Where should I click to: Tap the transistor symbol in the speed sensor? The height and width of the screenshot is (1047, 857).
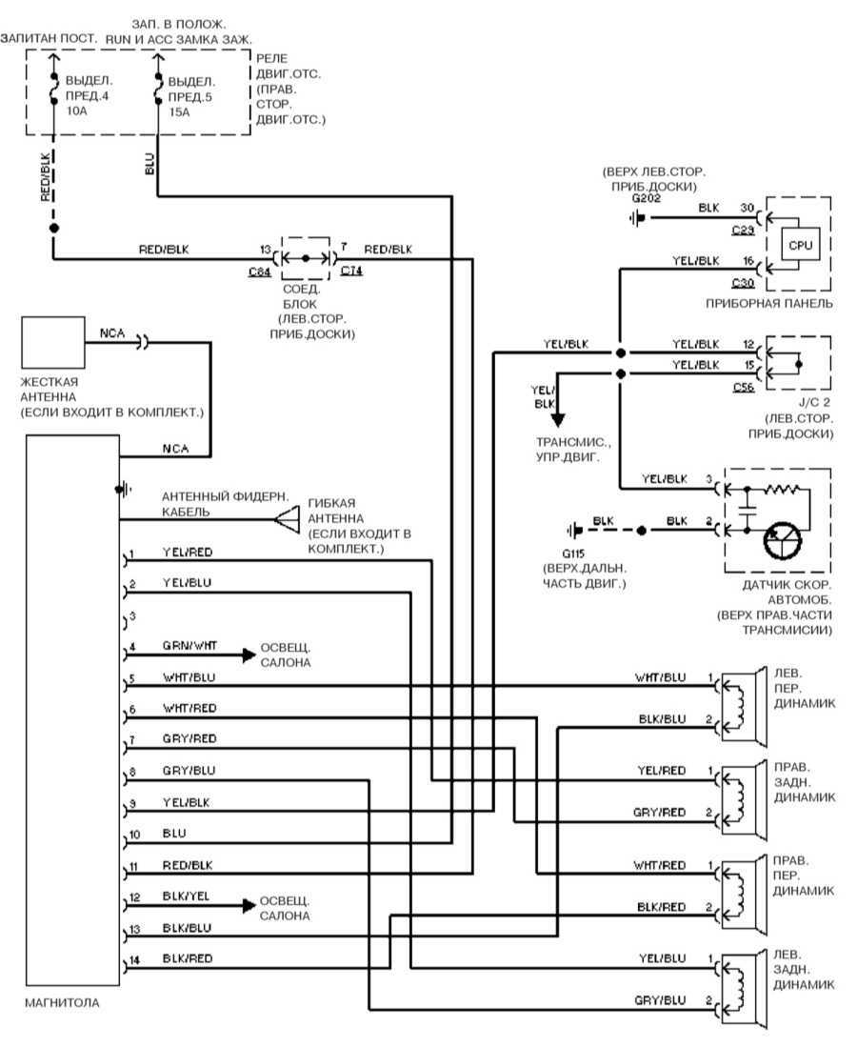pos(782,542)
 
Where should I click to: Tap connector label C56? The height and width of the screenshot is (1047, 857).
pos(745,386)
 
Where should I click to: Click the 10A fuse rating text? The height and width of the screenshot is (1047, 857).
pos(77,111)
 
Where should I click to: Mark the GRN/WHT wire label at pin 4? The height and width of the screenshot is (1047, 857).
pos(189,645)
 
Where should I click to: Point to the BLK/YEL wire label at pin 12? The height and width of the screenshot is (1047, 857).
pos(188,896)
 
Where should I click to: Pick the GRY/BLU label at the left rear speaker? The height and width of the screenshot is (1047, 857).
pos(659,1000)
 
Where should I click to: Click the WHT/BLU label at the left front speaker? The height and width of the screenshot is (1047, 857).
pos(660,677)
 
